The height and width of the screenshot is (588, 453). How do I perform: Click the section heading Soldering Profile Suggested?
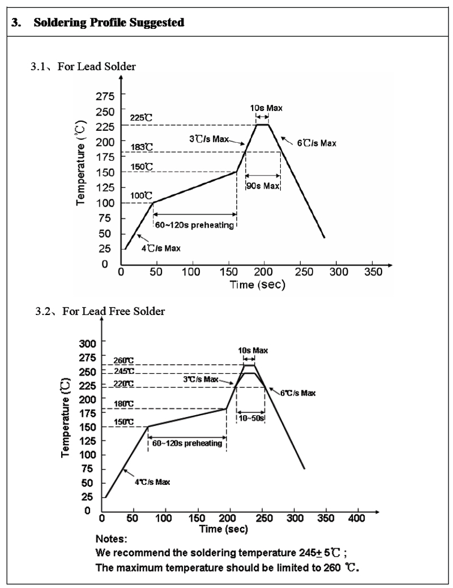pyautogui.click(x=108, y=23)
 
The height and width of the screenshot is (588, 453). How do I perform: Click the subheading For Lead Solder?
pyautogui.click(x=90, y=67)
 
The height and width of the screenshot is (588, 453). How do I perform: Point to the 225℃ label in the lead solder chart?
pyautogui.click(x=142, y=118)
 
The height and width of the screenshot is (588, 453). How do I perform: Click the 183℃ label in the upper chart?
pyautogui.click(x=142, y=147)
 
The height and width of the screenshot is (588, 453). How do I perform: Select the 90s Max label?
pyautogui.click(x=263, y=186)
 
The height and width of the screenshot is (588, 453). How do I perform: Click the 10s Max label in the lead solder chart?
pyautogui.click(x=266, y=107)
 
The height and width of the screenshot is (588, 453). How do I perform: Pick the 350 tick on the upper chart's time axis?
pyautogui.click(x=372, y=272)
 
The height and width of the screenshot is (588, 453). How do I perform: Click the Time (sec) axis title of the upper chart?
pyautogui.click(x=257, y=284)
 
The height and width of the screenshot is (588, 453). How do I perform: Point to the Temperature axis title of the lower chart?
pyautogui.click(x=66, y=419)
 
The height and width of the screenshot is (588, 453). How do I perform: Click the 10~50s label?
pyautogui.click(x=250, y=419)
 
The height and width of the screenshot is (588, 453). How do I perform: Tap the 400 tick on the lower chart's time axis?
pyautogui.click(x=357, y=518)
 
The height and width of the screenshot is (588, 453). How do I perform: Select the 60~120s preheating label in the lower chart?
pyautogui.click(x=187, y=443)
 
